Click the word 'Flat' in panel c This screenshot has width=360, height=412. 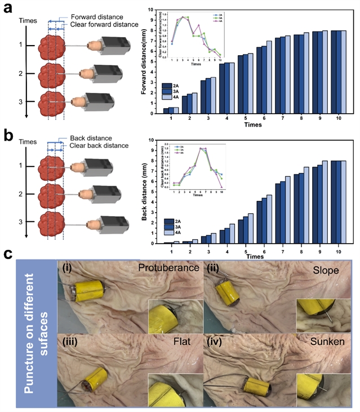tap(180, 342)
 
